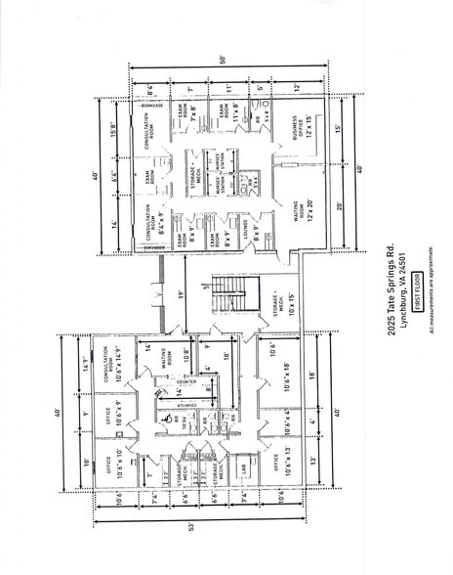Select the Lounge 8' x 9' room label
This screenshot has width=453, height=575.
(x=256, y=233)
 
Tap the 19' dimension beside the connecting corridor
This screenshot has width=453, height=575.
(x=181, y=291)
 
